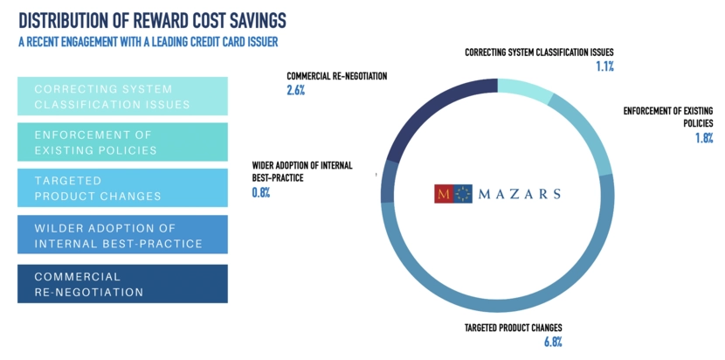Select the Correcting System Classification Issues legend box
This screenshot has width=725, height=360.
pos(122,96)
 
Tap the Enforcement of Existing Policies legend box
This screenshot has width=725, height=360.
pos(122,142)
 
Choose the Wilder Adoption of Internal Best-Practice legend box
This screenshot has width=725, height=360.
pos(122,235)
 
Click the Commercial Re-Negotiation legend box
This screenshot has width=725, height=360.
pos(122,283)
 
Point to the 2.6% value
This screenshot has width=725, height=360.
pos(295,90)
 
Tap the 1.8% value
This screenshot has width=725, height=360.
pos(704,137)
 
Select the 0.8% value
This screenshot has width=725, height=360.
pos(260,191)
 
